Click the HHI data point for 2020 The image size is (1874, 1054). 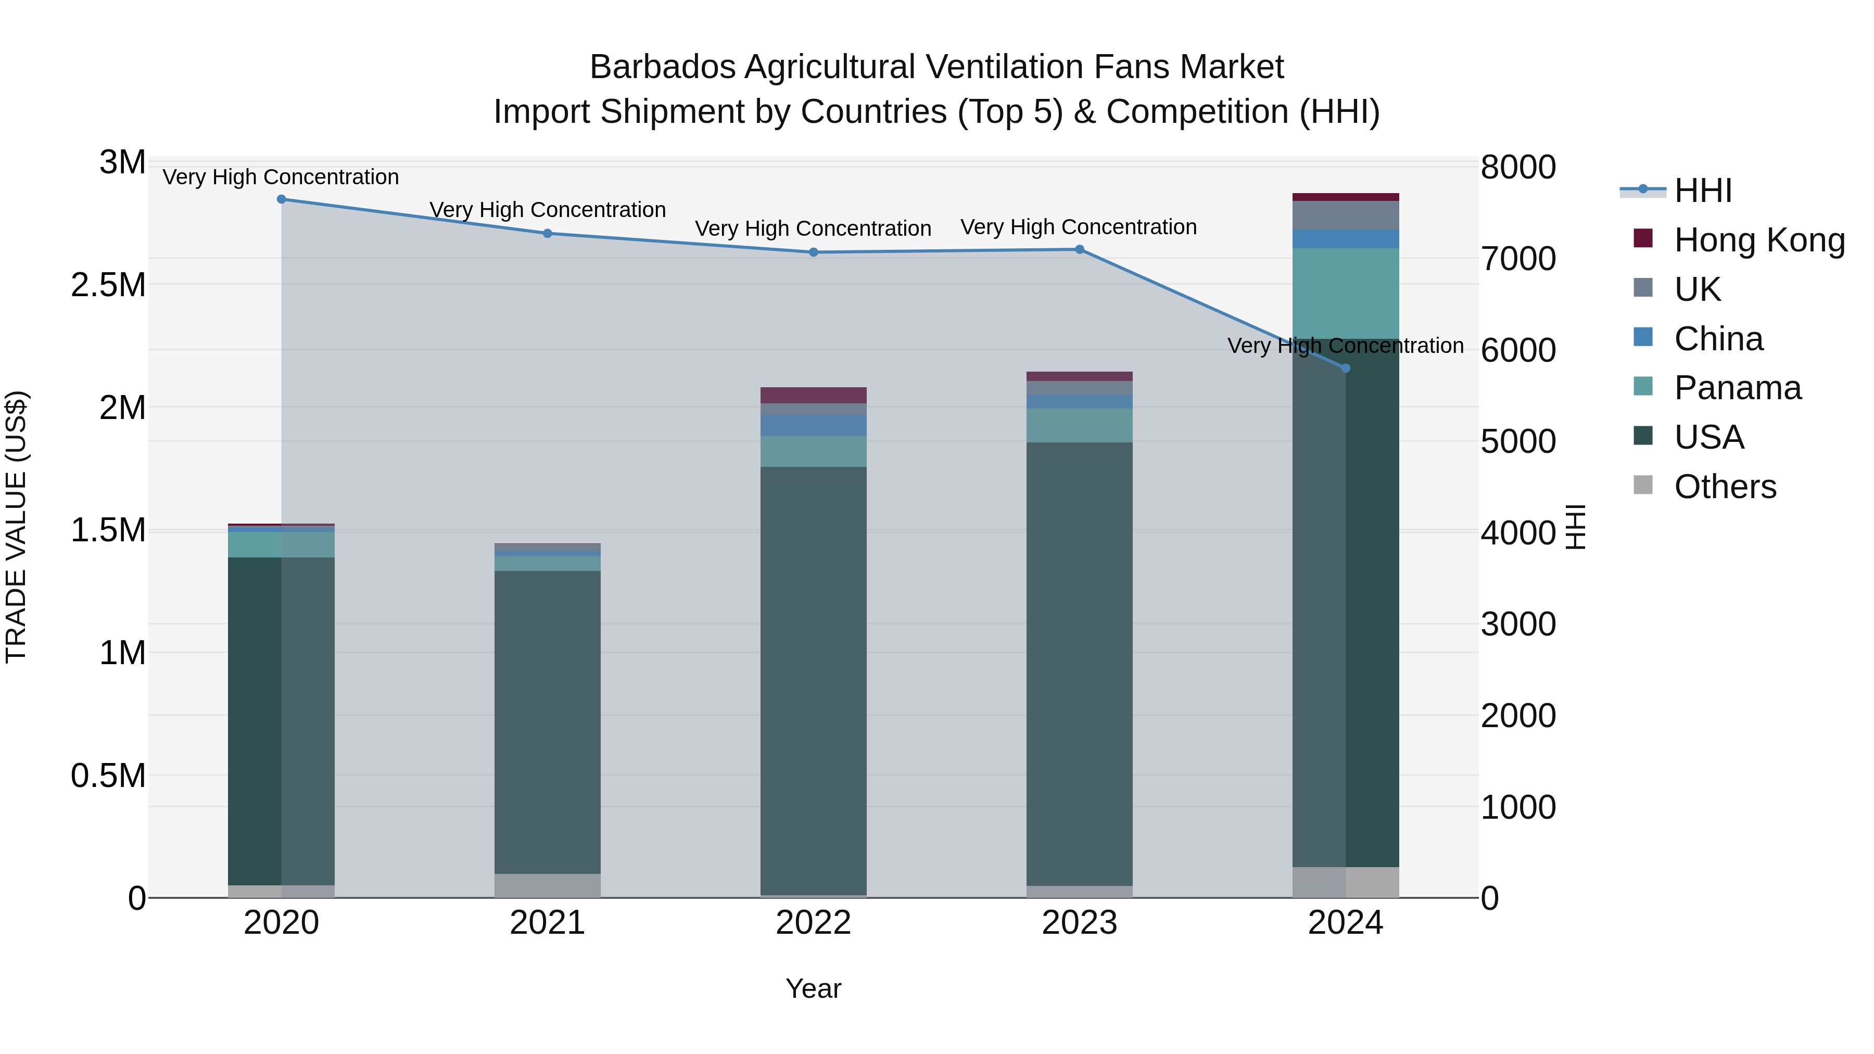[x=282, y=199]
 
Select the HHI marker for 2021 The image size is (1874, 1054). [x=548, y=234]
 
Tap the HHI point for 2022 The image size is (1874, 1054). [x=813, y=252]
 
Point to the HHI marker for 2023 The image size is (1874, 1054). [x=1080, y=249]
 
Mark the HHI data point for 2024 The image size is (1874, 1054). [x=1345, y=368]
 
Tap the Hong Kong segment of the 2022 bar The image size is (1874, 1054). [x=813, y=395]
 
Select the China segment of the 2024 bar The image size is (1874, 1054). [x=1345, y=238]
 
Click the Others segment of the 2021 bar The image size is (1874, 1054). [x=548, y=885]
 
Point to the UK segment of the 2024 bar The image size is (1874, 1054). [x=1345, y=215]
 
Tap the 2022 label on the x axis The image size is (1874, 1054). [x=813, y=923]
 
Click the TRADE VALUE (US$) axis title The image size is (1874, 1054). [x=17, y=527]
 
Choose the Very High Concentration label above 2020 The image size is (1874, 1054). [x=281, y=177]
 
